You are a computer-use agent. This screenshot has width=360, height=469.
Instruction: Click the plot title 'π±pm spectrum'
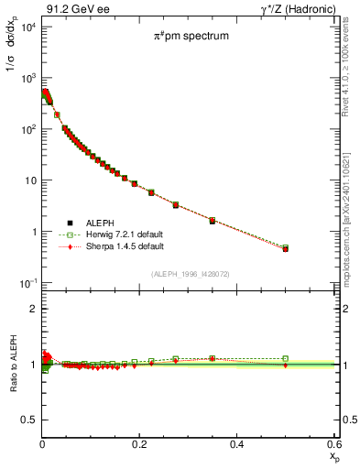click(x=191, y=38)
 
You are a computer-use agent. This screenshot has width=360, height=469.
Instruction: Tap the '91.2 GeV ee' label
click(x=72, y=8)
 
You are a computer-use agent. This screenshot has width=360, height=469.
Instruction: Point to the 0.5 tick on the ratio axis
click(x=28, y=420)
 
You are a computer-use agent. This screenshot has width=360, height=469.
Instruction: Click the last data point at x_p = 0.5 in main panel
click(x=285, y=248)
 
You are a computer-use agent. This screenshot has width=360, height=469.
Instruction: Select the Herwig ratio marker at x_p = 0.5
click(x=285, y=359)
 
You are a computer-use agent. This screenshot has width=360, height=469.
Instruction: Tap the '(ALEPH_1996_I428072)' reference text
click(x=191, y=274)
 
